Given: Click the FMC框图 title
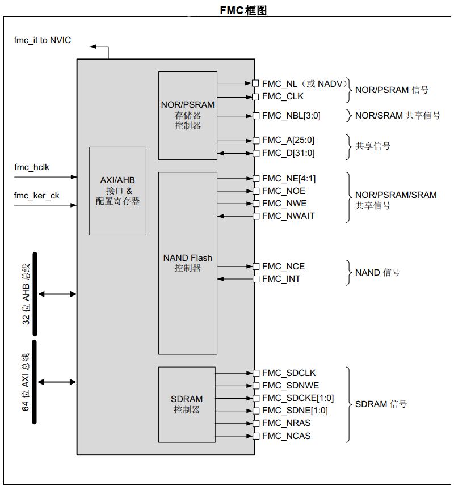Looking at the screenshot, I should [243, 10].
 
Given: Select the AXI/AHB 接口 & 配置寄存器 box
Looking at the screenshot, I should [117, 191].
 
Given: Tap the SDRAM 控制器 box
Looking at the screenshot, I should [187, 404].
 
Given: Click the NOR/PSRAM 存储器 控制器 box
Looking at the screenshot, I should [188, 115].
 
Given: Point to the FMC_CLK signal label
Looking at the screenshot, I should [283, 96].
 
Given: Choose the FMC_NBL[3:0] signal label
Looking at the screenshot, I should [291, 116].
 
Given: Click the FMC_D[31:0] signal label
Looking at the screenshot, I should [288, 153].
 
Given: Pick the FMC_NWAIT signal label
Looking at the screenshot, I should [288, 216].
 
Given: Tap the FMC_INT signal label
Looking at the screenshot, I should [281, 279].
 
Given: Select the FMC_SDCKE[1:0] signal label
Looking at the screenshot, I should [298, 398].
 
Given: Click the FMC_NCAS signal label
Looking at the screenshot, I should [287, 436].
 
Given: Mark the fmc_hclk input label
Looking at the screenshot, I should [32, 167].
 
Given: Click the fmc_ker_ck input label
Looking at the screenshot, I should [36, 196].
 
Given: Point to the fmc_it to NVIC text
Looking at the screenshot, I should [43, 40].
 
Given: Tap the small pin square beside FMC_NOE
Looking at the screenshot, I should [255, 191].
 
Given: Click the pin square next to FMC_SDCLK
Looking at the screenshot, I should [255, 373].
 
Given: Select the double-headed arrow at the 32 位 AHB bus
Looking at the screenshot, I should [57, 294].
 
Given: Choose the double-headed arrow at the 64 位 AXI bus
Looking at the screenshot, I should [57, 382].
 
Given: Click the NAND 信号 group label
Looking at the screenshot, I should [377, 273].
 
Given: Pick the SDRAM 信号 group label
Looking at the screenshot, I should [381, 404].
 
